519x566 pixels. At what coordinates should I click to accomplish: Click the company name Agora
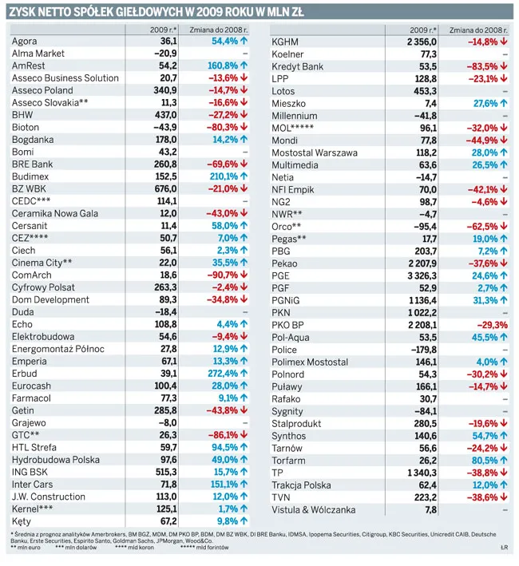tap(24, 42)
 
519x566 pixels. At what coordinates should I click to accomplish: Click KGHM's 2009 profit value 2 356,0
tap(422, 42)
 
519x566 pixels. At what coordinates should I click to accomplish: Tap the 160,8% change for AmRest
tap(223, 65)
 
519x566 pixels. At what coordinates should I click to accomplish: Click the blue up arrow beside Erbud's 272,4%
tap(244, 374)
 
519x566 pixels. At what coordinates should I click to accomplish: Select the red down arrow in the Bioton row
tap(244, 127)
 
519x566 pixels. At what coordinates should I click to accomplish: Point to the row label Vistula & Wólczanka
tap(313, 509)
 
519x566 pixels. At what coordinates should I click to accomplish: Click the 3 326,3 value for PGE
tap(422, 275)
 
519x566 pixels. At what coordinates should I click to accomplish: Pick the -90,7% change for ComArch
tap(223, 275)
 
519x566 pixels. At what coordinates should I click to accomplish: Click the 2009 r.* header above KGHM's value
tap(423, 30)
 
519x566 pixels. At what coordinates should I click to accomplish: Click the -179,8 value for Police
tap(424, 350)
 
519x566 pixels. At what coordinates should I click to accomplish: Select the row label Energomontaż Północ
tap(58, 349)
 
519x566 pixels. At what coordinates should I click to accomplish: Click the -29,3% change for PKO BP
tap(493, 325)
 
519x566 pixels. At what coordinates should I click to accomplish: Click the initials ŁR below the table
tap(504, 548)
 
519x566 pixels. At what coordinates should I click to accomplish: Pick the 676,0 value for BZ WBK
tap(165, 188)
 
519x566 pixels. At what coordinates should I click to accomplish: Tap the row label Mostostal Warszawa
tap(315, 152)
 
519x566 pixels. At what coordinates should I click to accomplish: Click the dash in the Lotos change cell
tap(505, 91)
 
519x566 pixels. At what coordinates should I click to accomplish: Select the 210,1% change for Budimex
tap(224, 176)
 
